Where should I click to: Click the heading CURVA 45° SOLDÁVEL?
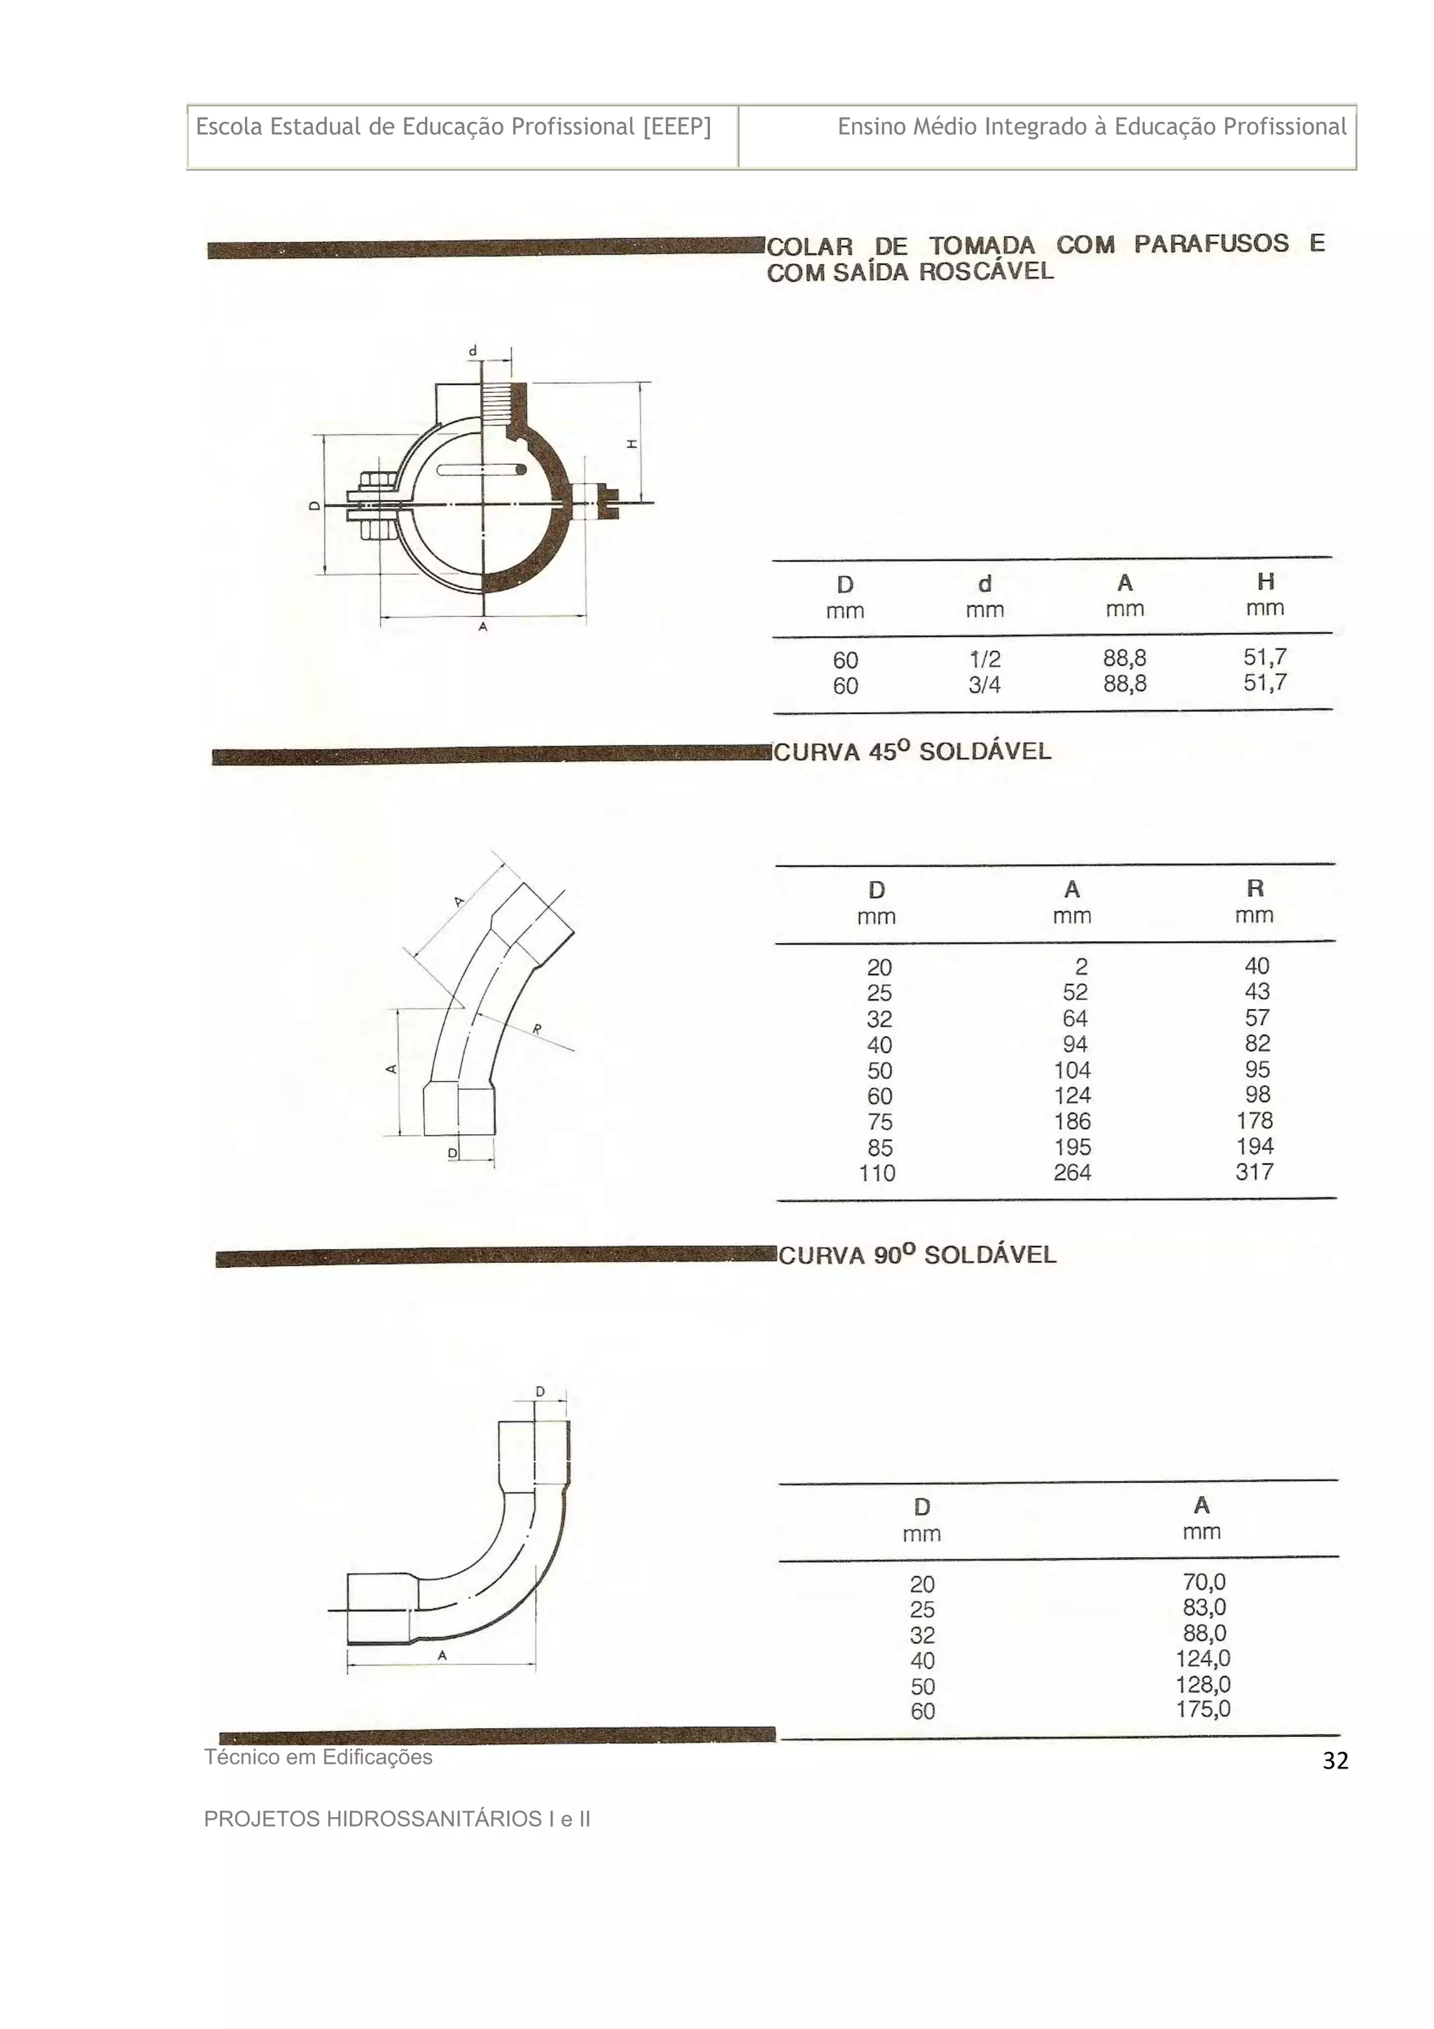[x=912, y=752]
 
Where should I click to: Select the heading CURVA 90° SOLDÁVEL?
[x=917, y=1255]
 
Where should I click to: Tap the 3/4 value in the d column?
[x=984, y=685]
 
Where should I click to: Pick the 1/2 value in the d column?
[x=984, y=660]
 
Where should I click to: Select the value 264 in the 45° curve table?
[x=1072, y=1173]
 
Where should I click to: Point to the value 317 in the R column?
[x=1254, y=1172]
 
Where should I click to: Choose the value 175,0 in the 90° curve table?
[x=1202, y=1709]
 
